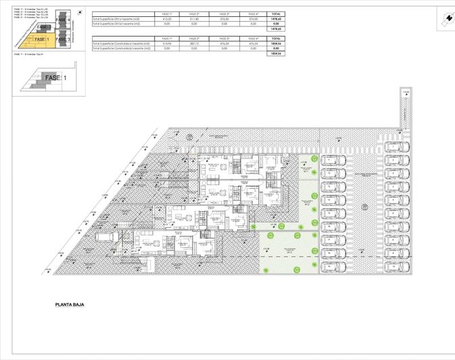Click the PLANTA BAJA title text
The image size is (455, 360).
[x=73, y=305]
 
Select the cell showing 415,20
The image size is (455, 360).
[x=164, y=19]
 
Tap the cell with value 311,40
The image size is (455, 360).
[x=194, y=19]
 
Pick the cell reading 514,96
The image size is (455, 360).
[x=164, y=44]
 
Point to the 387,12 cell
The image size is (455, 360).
[x=194, y=44]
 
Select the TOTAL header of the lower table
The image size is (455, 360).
[x=275, y=39]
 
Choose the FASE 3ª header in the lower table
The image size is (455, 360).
[x=224, y=39]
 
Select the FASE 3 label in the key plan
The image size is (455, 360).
[x=63, y=40]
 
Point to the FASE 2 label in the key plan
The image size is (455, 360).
[x=43, y=28]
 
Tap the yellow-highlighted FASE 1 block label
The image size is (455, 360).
[x=42, y=39]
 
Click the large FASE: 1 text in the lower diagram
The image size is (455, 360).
[x=55, y=78]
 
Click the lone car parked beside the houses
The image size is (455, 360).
[x=106, y=237]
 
